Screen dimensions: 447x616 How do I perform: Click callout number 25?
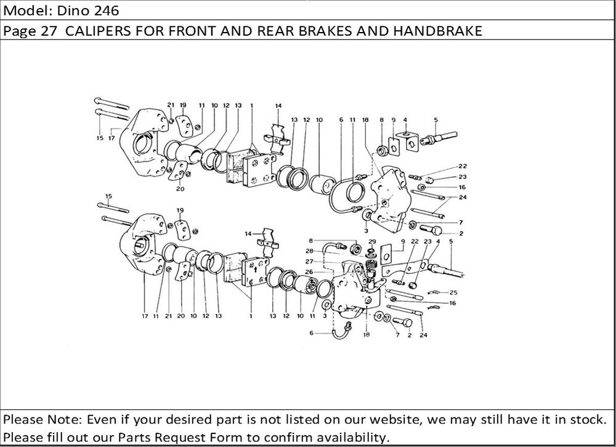click(x=453, y=292)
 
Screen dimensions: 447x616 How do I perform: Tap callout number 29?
click(x=372, y=242)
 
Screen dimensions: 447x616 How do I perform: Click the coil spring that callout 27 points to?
click(x=371, y=266)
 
